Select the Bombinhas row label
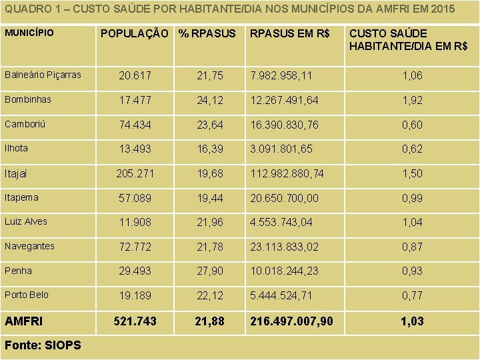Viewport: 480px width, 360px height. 27,99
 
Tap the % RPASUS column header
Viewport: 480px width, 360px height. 207,33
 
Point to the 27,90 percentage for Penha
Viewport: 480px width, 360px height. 210,271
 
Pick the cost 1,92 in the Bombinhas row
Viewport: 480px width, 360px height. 412,100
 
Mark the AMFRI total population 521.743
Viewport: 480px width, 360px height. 135,321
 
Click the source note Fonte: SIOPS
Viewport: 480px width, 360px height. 43,345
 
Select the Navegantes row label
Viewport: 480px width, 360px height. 29,246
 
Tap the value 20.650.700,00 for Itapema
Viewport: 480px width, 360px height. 285,198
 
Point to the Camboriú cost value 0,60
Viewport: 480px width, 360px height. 412,125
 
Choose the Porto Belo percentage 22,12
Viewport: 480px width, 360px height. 210,295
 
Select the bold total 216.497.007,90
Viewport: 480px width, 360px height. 291,321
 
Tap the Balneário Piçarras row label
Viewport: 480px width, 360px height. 43,75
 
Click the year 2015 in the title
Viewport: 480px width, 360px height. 443,9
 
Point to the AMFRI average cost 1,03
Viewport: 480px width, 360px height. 412,321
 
